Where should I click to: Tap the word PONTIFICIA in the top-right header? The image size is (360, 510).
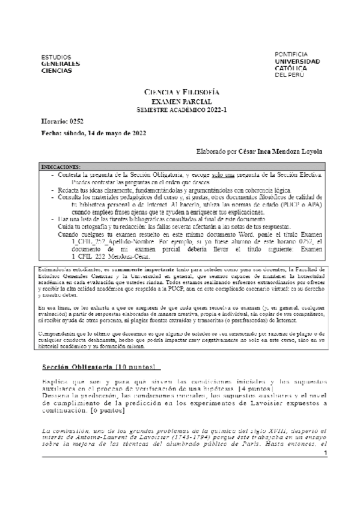point(291,54)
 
